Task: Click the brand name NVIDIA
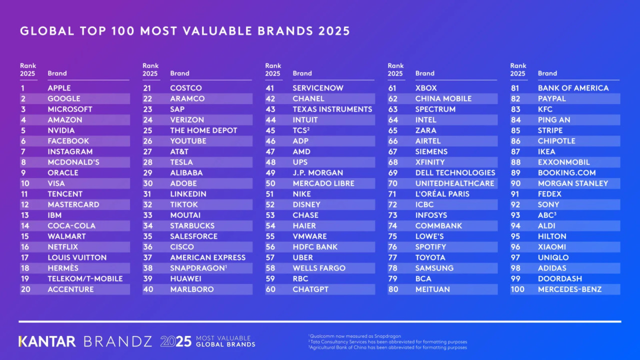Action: tap(61, 130)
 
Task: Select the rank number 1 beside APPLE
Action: tap(22, 88)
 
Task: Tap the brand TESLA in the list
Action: tap(181, 162)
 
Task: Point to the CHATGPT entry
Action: tap(310, 289)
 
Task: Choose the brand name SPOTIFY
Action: tap(430, 247)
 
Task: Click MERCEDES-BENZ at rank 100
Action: tap(569, 289)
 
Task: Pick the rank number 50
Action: tap(270, 183)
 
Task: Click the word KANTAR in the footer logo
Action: tap(47, 341)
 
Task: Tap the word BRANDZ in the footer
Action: tap(117, 341)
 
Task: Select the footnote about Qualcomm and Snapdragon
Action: tap(355, 336)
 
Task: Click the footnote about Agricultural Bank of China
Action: tap(388, 347)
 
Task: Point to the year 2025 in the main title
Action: tap(333, 31)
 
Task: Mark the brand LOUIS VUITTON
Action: tap(77, 257)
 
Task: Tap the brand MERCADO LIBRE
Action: tap(323, 183)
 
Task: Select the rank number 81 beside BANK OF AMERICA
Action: tap(515, 88)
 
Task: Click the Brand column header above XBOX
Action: tap(424, 73)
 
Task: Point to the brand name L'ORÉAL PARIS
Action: tap(442, 194)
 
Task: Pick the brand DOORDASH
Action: tap(559, 278)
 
